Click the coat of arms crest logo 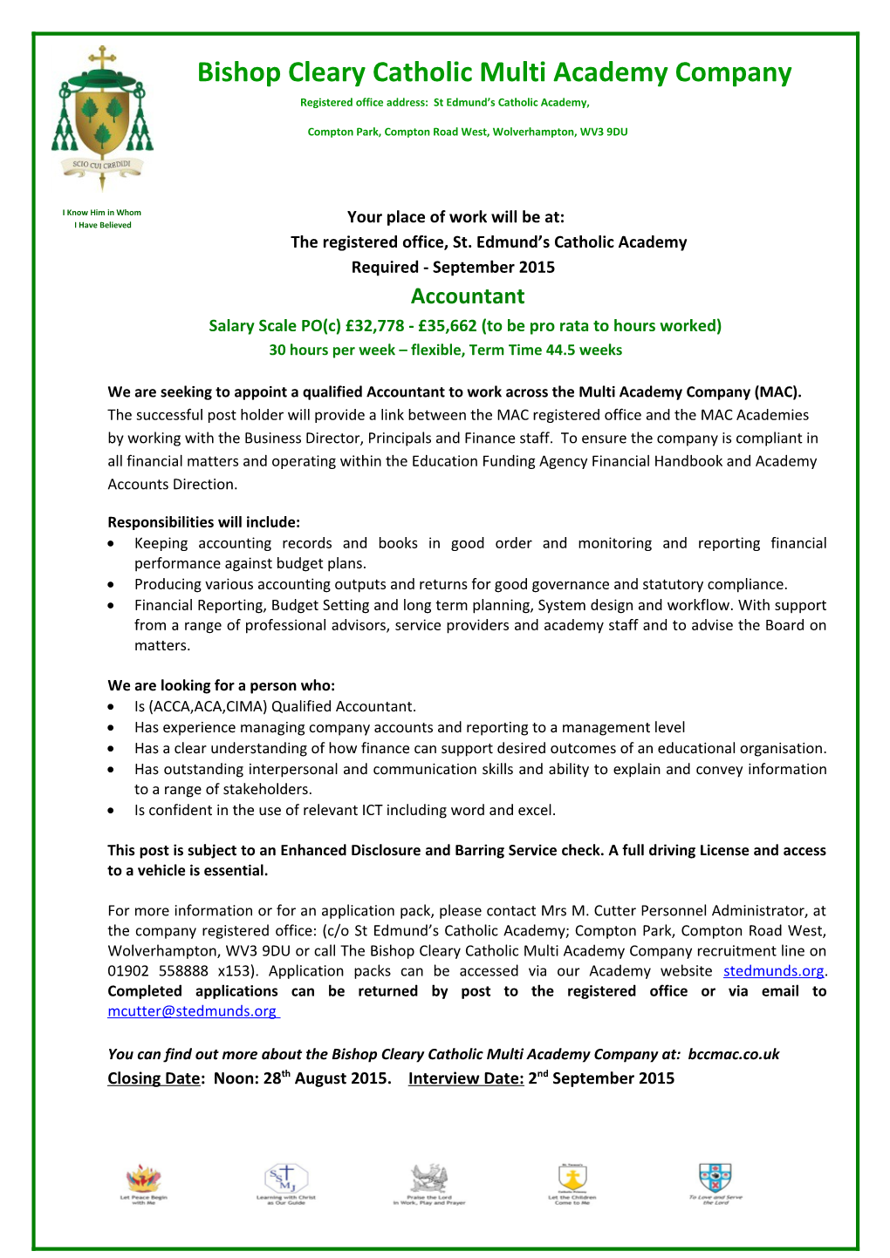tap(102, 118)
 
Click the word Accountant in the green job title tap(468, 296)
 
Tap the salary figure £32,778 tap(374, 326)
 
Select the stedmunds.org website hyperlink tap(773, 971)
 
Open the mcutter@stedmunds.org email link tap(192, 1011)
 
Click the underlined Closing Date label tap(154, 1078)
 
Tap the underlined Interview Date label tap(466, 1078)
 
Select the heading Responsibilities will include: tap(203, 522)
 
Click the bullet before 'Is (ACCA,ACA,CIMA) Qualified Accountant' tap(112, 707)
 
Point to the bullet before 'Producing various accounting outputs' tap(112, 585)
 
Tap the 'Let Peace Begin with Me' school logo tap(144, 1182)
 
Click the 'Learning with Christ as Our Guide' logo tap(286, 1182)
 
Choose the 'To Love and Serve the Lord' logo tap(715, 1182)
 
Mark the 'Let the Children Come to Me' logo tap(572, 1182)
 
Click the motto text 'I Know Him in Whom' tap(102, 213)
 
